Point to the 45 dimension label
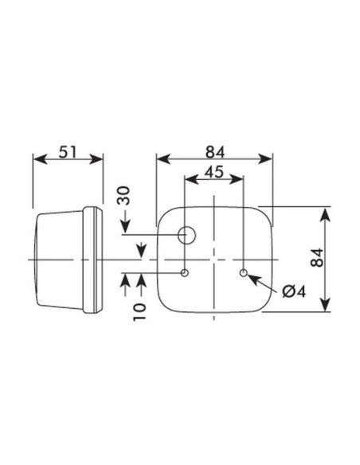pyautogui.click(x=213, y=170)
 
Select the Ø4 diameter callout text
pyautogui.click(x=292, y=291)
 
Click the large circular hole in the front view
pyautogui.click(x=187, y=235)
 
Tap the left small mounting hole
pyautogui.click(x=185, y=274)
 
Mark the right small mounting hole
pyautogui.click(x=243, y=274)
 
